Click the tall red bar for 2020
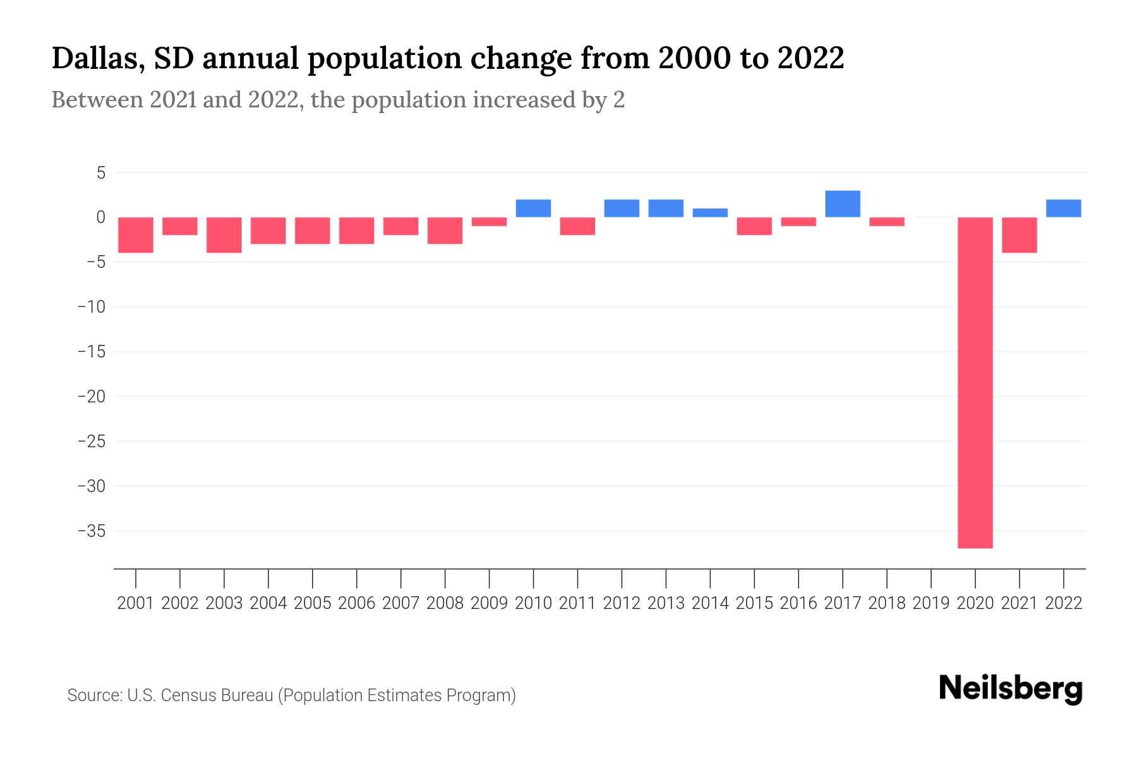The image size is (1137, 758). (975, 382)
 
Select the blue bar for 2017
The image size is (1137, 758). (843, 204)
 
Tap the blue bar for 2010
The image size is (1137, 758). (533, 208)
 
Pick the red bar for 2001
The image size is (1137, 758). (136, 235)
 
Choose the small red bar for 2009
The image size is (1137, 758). (489, 222)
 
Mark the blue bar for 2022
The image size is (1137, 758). (1064, 208)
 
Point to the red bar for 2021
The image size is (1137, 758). (1020, 235)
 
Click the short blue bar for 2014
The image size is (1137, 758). (710, 213)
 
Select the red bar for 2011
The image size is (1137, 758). (577, 226)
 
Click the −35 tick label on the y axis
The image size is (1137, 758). (92, 531)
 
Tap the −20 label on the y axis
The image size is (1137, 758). (92, 397)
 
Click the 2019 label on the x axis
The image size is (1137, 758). (931, 603)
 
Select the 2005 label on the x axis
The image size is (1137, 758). (313, 603)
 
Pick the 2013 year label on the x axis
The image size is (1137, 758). (666, 603)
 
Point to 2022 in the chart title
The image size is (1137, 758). (810, 59)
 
